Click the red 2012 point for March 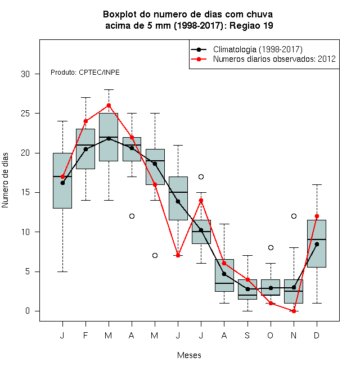pyautogui.click(x=109, y=105)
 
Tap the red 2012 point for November pyautogui.click(x=294, y=311)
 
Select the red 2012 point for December pyautogui.click(x=317, y=216)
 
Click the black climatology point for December pyautogui.click(x=317, y=244)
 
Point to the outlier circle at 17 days pyautogui.click(x=201, y=177)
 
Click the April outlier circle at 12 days pyautogui.click(x=132, y=216)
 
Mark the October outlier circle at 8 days pyautogui.click(x=271, y=247)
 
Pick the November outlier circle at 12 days pyautogui.click(x=294, y=216)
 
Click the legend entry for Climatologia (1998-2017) pyautogui.click(x=246, y=49)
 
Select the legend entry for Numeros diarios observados pyautogui.click(x=263, y=59)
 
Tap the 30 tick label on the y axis pyautogui.click(x=25, y=74)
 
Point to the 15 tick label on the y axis pyautogui.click(x=25, y=192)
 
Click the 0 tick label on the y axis pyautogui.click(x=28, y=311)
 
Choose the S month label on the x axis pyautogui.click(x=247, y=335)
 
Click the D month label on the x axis pyautogui.click(x=317, y=335)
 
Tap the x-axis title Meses pyautogui.click(x=189, y=355)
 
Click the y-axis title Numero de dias pyautogui.click(x=5, y=180)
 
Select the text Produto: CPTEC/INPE pyautogui.click(x=85, y=72)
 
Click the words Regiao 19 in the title pyautogui.click(x=251, y=25)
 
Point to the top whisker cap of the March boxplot pyautogui.click(x=109, y=90)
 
